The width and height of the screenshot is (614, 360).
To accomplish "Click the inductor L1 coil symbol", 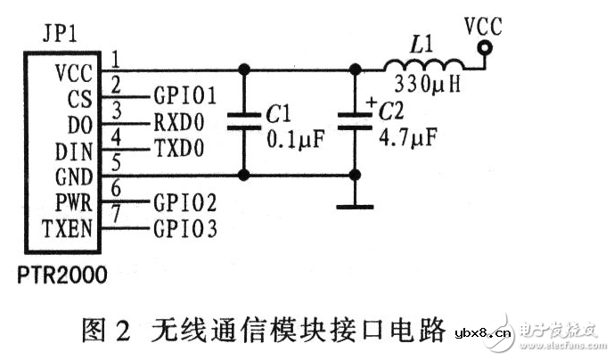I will point(423,65).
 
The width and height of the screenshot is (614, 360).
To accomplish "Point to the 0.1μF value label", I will point(295,140).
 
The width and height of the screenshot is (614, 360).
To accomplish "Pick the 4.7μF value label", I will point(407,140).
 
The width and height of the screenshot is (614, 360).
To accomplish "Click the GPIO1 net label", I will point(185,93).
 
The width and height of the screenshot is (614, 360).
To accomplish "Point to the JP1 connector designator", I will point(59,36).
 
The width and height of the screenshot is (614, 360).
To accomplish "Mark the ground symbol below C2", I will point(356,207).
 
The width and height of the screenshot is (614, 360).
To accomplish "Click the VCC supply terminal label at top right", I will point(483,27).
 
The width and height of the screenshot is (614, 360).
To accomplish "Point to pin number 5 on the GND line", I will point(116,163).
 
